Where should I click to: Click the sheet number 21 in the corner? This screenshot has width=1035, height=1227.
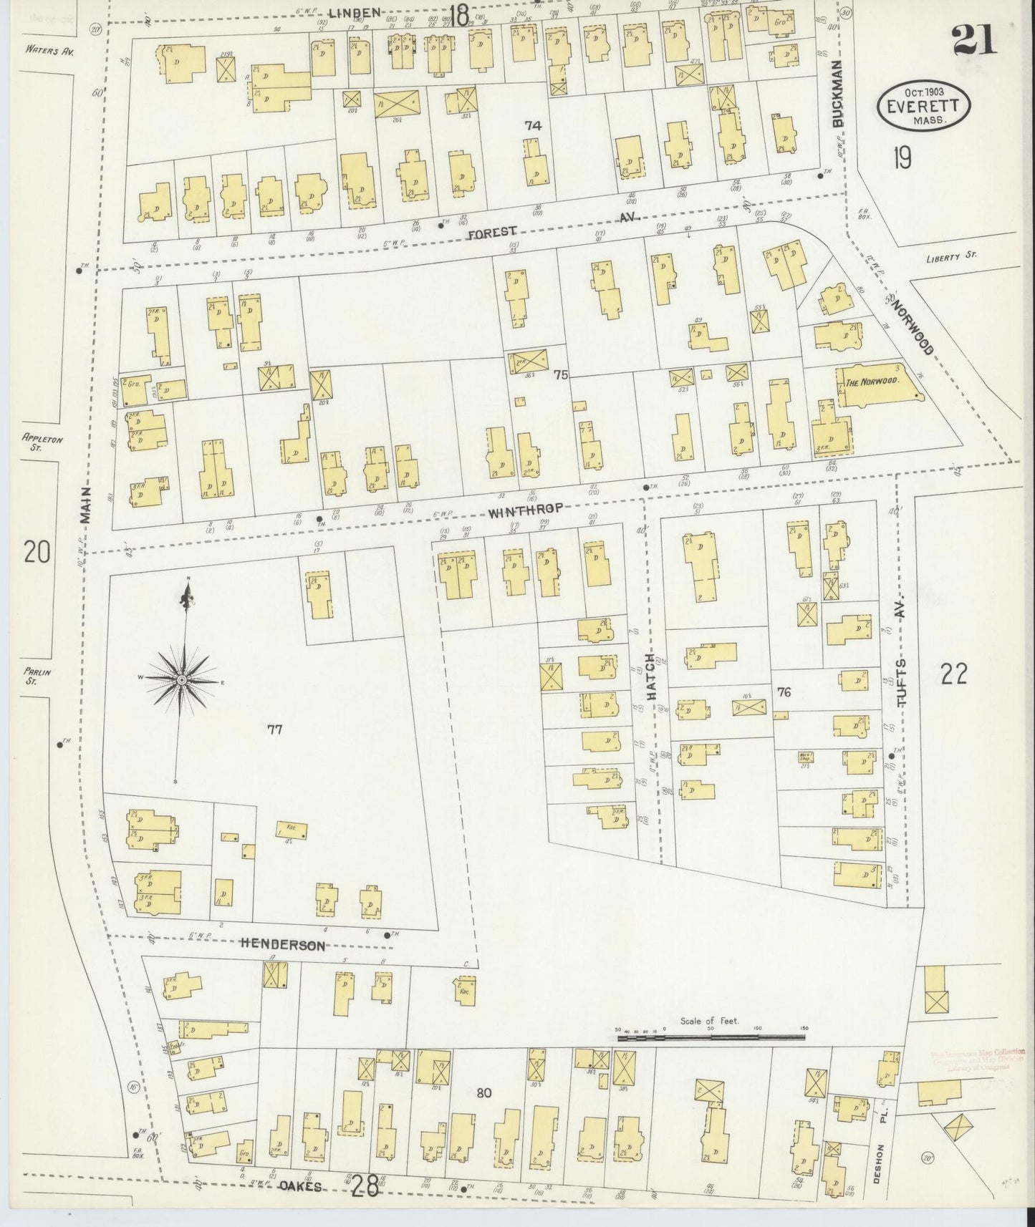pyautogui.click(x=974, y=39)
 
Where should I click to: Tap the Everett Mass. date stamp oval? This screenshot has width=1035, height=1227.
pyautogui.click(x=923, y=106)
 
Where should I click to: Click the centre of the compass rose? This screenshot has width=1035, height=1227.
pyautogui.click(x=182, y=679)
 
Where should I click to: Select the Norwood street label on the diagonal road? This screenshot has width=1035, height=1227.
pyautogui.click(x=913, y=326)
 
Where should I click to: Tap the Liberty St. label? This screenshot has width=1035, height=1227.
pyautogui.click(x=950, y=256)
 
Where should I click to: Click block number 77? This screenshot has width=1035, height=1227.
pyautogui.click(x=274, y=729)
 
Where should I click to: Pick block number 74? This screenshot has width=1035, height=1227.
pyautogui.click(x=531, y=125)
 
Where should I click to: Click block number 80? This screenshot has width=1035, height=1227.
pyautogui.click(x=484, y=1092)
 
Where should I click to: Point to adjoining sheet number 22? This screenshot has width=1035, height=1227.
pyautogui.click(x=955, y=674)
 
